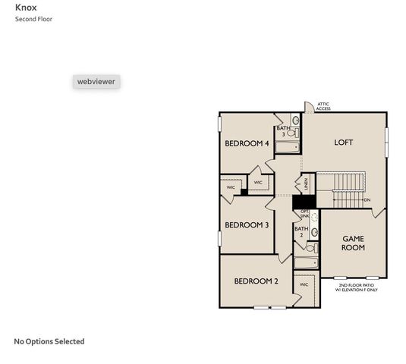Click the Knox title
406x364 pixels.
click(26, 8)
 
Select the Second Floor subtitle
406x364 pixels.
click(33, 19)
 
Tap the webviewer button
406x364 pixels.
click(96, 81)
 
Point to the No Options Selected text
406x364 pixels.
click(49, 341)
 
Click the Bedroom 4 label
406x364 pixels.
click(247, 143)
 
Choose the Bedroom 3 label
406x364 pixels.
click(247, 224)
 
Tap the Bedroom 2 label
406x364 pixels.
click(256, 281)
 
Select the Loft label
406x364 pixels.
click(344, 143)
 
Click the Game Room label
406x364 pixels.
click(353, 243)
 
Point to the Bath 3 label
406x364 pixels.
click(283, 131)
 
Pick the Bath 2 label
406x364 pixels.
click(301, 232)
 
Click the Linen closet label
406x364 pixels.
click(306, 184)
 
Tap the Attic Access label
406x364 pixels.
click(323, 106)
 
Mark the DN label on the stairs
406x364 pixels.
click(367, 200)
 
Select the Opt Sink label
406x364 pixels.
click(304, 213)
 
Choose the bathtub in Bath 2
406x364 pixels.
click(306, 263)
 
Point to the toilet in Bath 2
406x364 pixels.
click(311, 247)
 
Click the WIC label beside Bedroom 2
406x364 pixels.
click(304, 285)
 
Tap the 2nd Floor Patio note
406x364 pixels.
click(356, 287)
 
